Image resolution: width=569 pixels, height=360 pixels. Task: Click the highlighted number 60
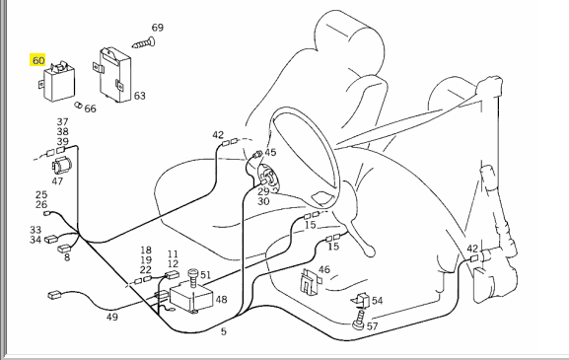pos(38,60)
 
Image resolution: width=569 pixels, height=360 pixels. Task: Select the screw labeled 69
pos(144,43)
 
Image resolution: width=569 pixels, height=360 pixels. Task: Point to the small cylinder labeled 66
pos(78,106)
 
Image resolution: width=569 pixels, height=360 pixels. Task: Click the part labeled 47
pos(62,166)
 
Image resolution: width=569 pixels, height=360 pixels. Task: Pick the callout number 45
pos(270,153)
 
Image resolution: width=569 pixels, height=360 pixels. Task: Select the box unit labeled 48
pos(191,298)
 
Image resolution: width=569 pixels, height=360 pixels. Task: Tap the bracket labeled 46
pos(311,281)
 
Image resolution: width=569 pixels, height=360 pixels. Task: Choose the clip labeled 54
pos(361,300)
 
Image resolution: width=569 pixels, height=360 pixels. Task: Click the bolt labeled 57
pos(359,320)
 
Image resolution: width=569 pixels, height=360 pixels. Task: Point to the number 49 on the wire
pos(112,317)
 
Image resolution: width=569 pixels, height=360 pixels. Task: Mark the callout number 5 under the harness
pos(224,331)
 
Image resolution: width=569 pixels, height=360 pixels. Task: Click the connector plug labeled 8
pos(65,249)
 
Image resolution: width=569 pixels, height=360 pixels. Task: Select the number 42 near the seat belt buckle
pos(472,249)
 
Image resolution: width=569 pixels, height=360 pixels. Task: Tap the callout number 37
pos(62,122)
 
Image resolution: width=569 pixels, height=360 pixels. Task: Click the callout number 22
pos(146,269)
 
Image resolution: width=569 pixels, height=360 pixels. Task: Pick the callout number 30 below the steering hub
pos(263,201)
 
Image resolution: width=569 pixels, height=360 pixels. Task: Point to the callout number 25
pos(41,195)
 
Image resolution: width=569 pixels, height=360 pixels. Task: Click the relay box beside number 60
pos(58,83)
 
